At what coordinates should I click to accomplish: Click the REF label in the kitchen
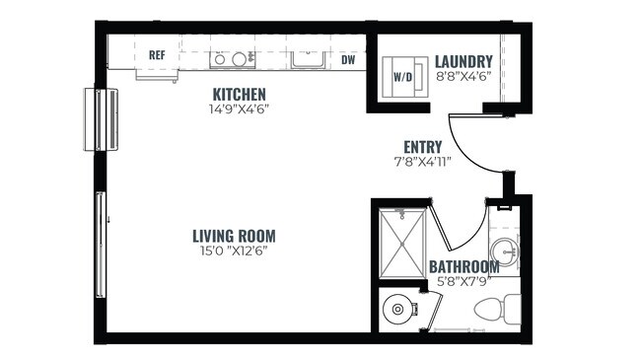(157, 56)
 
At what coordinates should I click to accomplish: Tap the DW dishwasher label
(348, 59)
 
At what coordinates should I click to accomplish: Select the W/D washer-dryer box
(403, 75)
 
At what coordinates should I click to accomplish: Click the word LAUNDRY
(463, 61)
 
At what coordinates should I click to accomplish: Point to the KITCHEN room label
(240, 95)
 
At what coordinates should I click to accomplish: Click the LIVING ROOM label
(234, 236)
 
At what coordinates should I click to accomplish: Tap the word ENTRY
(422, 147)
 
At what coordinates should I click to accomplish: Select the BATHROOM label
(463, 266)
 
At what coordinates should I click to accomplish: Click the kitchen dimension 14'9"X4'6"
(240, 108)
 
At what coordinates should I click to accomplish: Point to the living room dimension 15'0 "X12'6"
(234, 251)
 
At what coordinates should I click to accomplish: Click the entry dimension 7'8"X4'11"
(422, 161)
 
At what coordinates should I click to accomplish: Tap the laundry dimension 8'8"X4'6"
(463, 75)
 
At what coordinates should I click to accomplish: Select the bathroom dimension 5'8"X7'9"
(463, 280)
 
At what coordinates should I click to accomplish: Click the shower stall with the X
(400, 244)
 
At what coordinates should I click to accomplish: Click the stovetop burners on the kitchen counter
(230, 59)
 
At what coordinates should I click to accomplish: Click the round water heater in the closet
(397, 309)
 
